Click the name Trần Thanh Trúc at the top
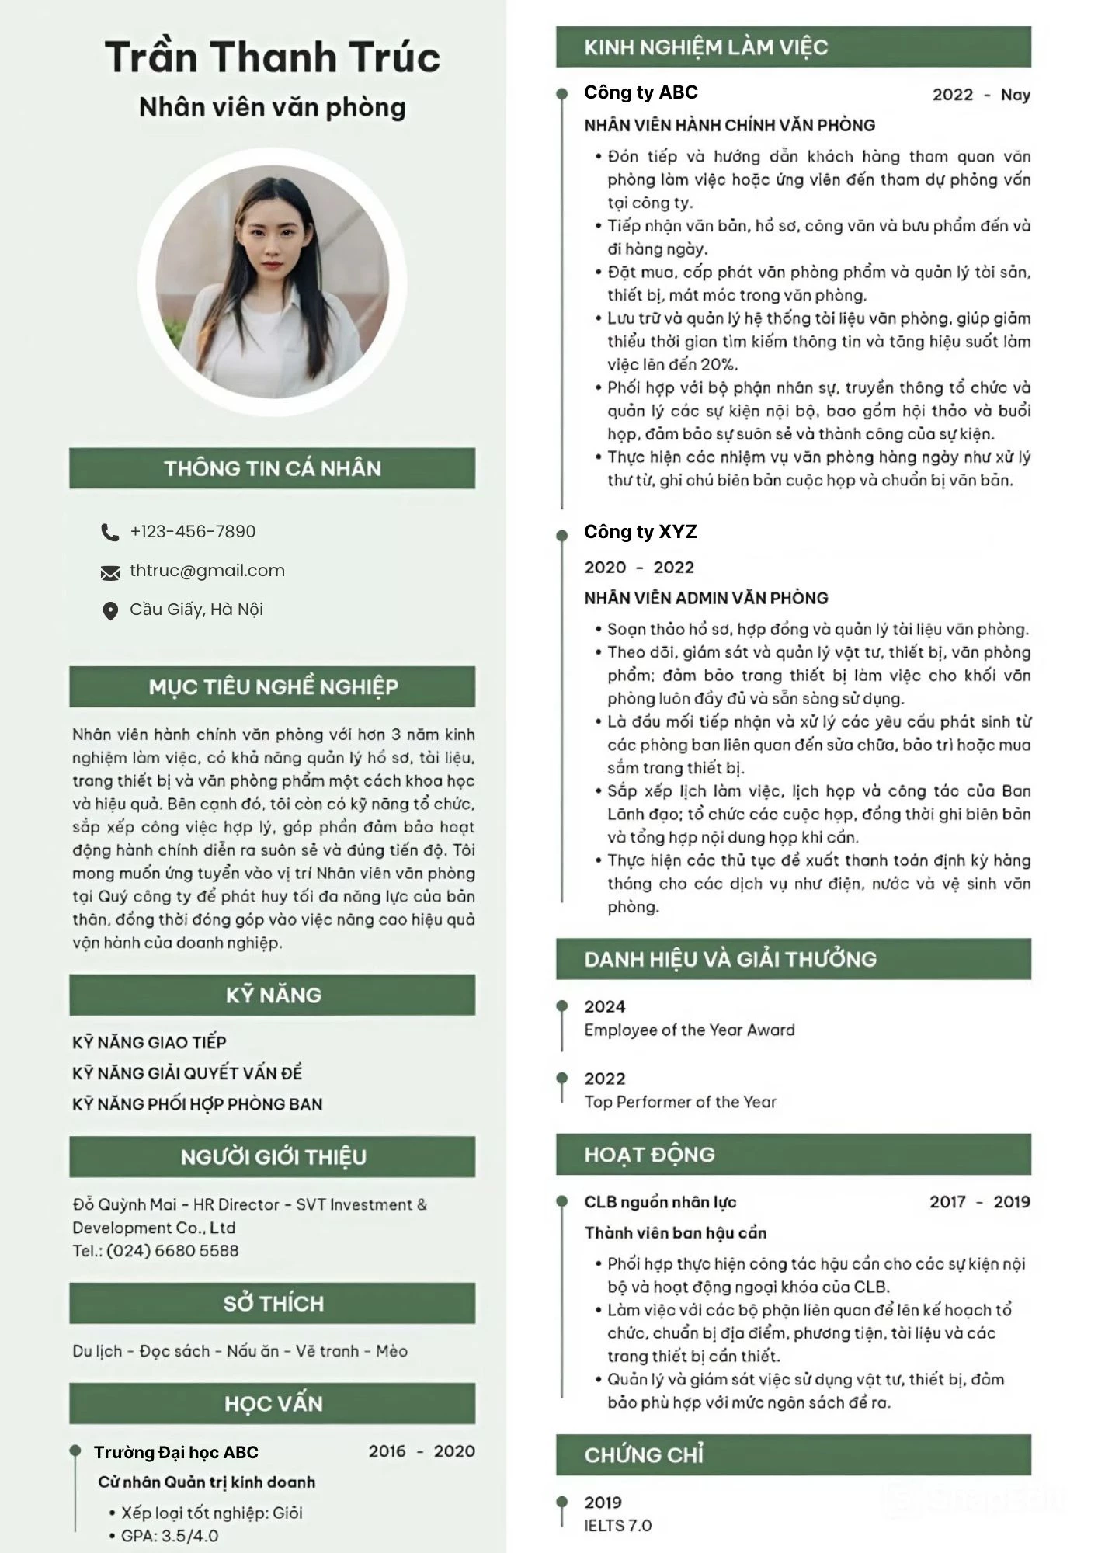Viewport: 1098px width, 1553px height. click(x=273, y=57)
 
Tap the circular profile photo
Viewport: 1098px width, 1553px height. click(x=273, y=282)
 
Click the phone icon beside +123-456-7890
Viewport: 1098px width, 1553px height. click(x=109, y=532)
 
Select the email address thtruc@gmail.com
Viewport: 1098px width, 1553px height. click(x=207, y=571)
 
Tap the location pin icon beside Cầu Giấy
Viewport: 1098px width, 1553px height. click(x=110, y=611)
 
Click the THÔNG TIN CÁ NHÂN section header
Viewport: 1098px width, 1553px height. click(x=273, y=468)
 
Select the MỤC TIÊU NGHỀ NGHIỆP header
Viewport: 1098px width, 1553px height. click(x=273, y=686)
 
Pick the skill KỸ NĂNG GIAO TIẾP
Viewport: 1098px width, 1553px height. click(x=149, y=1042)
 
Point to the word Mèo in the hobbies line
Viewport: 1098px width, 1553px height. click(x=391, y=1351)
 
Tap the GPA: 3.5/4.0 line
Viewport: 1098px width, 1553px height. click(x=169, y=1536)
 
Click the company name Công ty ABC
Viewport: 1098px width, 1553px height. click(x=641, y=92)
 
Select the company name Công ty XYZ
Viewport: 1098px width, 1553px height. click(x=640, y=532)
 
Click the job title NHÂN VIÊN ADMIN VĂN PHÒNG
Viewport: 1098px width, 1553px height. click(x=706, y=598)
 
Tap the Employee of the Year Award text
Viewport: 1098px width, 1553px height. click(x=690, y=1030)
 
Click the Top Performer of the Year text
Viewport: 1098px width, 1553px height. click(x=680, y=1102)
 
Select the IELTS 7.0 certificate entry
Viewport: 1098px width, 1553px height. click(x=618, y=1526)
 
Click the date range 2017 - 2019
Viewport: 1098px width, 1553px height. click(x=979, y=1202)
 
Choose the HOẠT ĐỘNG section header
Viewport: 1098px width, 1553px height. click(x=649, y=1155)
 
